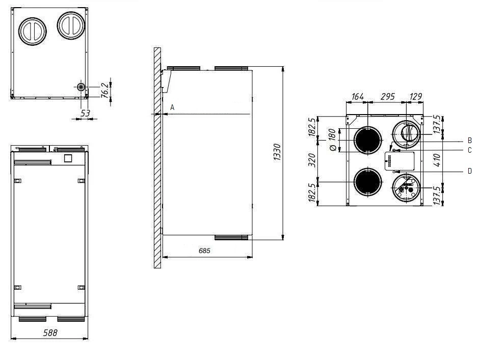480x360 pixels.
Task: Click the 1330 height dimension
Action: click(x=277, y=152)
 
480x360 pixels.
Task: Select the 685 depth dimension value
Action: click(x=204, y=251)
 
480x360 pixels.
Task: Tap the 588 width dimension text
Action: click(x=50, y=333)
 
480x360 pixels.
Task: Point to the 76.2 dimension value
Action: click(x=104, y=90)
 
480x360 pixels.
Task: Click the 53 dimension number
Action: click(x=86, y=114)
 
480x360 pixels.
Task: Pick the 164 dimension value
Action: click(x=358, y=97)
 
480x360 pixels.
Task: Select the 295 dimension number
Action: click(x=388, y=97)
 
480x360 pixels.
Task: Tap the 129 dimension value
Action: click(x=416, y=97)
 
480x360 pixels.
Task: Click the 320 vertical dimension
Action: click(x=312, y=160)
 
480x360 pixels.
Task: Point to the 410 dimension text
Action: click(x=437, y=160)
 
